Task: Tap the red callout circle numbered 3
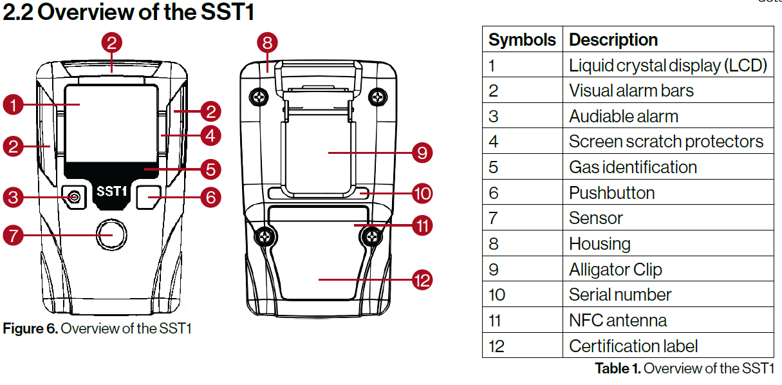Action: pos(14,197)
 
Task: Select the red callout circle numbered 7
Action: pos(14,235)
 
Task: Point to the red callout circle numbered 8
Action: pos(267,43)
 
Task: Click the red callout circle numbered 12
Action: pos(422,280)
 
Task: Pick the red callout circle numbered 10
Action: pos(422,192)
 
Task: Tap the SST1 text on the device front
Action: pos(111,192)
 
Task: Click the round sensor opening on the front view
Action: pos(112,234)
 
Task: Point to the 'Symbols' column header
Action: pos(522,39)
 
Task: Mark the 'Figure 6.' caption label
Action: pos(30,329)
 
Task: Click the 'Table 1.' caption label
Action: pos(617,368)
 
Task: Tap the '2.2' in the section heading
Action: pos(17,12)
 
